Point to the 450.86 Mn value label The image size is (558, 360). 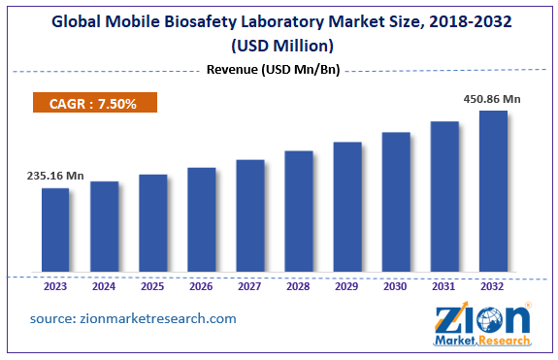coord(491,98)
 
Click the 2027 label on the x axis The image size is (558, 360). coord(250,286)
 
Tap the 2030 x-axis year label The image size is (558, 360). coord(396,286)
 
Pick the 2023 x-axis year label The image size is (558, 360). coord(55,286)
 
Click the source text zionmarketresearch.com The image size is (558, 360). coord(133,318)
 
